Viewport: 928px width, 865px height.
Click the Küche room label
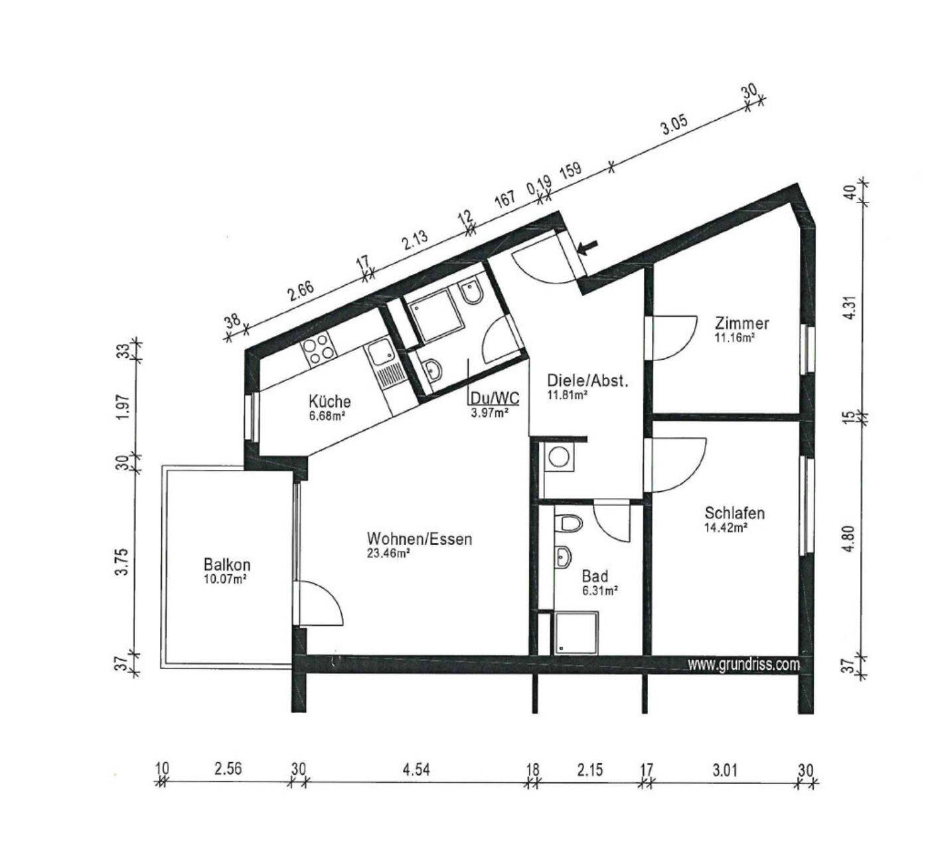pos(329,401)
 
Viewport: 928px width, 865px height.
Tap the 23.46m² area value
pos(389,554)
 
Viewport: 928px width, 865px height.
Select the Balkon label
pos(226,564)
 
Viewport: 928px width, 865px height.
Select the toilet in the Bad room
pos(568,522)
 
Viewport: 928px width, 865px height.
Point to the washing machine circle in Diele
pos(558,456)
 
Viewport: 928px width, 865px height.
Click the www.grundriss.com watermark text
pos(743,665)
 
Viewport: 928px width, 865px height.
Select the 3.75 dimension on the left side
pos(121,563)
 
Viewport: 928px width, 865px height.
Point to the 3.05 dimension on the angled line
pos(674,126)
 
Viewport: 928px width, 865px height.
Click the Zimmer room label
pos(742,323)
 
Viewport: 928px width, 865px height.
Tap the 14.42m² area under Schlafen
pos(725,528)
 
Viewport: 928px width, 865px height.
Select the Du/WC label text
pos(495,398)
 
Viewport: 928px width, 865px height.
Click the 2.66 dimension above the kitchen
pos(301,293)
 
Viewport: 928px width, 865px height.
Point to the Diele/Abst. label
pos(588,380)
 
